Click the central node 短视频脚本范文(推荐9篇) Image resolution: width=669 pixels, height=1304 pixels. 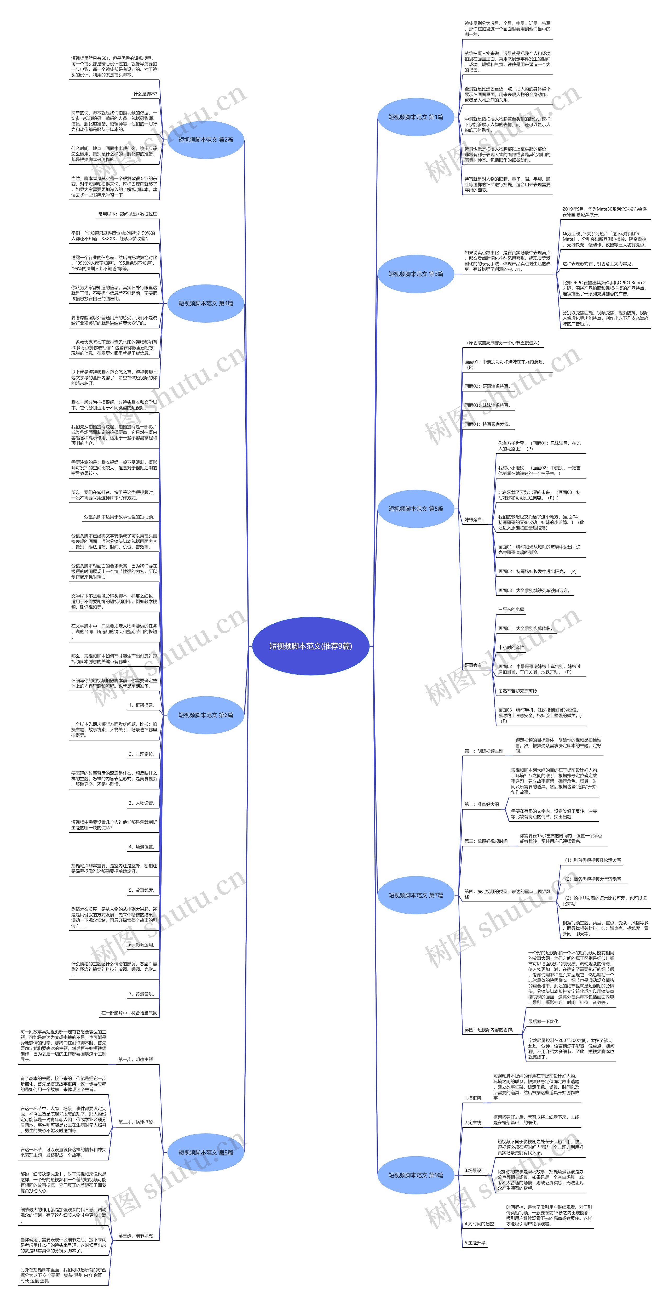click(310, 646)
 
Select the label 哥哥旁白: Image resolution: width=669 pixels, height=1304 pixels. click(474, 665)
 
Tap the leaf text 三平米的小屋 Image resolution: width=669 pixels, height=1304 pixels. click(511, 610)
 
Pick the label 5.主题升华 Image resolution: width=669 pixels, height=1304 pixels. click(475, 1239)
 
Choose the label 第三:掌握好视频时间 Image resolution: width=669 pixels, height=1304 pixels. click(486, 841)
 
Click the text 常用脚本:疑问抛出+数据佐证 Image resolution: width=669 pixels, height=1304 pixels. click(128, 214)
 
